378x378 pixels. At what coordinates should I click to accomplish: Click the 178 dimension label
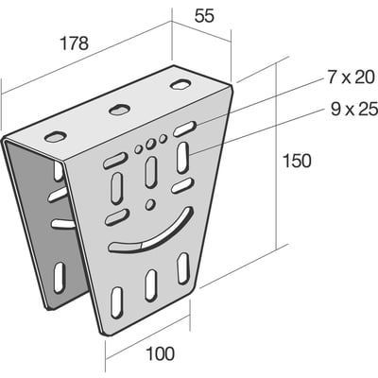coord(75,43)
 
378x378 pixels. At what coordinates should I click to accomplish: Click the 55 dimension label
coord(204,16)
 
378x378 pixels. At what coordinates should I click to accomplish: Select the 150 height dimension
coord(297,161)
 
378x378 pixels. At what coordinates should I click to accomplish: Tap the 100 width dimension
coord(160,353)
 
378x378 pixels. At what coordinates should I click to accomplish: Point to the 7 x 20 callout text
coord(352,77)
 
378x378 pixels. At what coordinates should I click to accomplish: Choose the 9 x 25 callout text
coord(353,110)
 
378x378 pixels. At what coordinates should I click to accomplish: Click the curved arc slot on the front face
coord(150,232)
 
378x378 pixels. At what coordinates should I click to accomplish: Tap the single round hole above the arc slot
coord(150,204)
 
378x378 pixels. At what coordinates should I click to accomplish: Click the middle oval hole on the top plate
coord(120,110)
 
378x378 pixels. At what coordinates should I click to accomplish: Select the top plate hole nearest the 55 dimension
coord(180,85)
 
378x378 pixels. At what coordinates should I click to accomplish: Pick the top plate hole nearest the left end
coord(56,136)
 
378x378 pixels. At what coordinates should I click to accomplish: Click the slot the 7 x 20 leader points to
coord(185,129)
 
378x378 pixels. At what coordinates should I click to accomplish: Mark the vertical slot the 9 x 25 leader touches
coord(182,157)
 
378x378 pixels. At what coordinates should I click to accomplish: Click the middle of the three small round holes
coord(150,144)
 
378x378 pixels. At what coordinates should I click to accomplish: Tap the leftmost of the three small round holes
coord(138,149)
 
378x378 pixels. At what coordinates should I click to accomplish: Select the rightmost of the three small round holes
coord(163,138)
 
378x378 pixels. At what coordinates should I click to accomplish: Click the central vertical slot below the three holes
coord(151,172)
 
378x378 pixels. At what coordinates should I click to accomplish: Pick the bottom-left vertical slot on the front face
coord(117,302)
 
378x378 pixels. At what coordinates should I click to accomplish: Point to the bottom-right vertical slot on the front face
coord(182,268)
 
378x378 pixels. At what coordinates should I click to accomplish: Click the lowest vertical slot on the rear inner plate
coord(59,277)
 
